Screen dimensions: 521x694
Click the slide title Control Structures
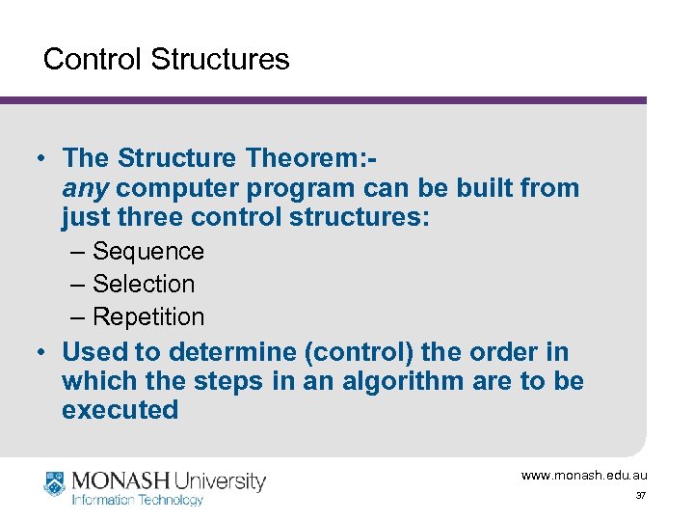[166, 59]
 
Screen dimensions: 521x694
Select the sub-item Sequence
[148, 252]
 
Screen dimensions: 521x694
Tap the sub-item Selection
[144, 285]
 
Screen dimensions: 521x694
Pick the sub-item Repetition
[148, 317]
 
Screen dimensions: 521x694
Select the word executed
[120, 410]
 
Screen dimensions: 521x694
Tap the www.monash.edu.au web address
[584, 476]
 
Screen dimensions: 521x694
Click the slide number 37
[640, 496]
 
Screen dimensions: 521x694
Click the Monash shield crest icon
[56, 485]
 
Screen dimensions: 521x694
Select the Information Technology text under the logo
[138, 500]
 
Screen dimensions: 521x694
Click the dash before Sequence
[78, 252]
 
